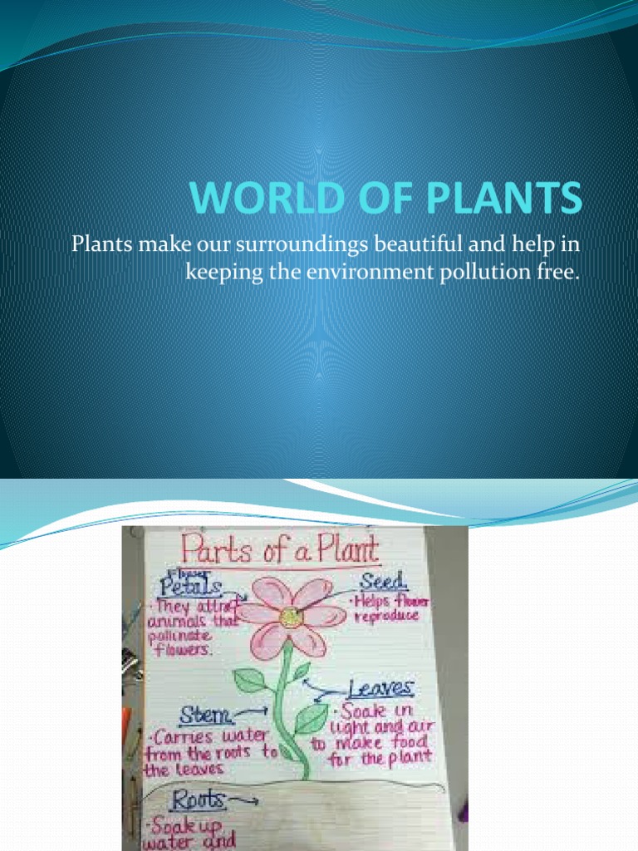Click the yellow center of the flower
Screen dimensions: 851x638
(290, 617)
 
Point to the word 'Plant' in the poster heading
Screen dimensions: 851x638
(345, 551)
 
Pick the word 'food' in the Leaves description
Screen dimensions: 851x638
(407, 740)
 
